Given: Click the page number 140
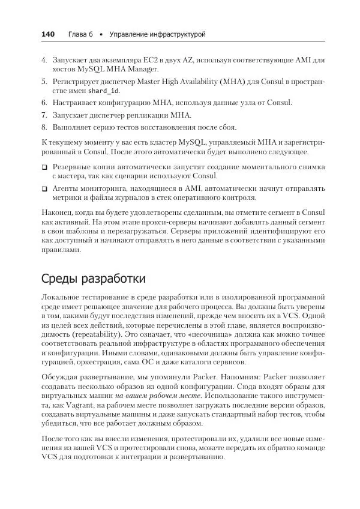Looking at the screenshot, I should (48, 34).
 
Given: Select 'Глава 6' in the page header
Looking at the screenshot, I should (80, 34).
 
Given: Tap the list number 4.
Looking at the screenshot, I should (44, 61).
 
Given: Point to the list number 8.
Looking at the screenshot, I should (44, 127).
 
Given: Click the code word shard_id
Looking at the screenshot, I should (104, 91).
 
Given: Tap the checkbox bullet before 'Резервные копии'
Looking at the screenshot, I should (44, 167).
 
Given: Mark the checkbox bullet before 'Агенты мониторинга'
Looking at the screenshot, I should (44, 188).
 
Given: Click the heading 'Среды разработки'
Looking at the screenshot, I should (93, 279).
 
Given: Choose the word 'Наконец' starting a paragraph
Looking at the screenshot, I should (57, 213).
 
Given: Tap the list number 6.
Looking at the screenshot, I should (44, 103).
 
